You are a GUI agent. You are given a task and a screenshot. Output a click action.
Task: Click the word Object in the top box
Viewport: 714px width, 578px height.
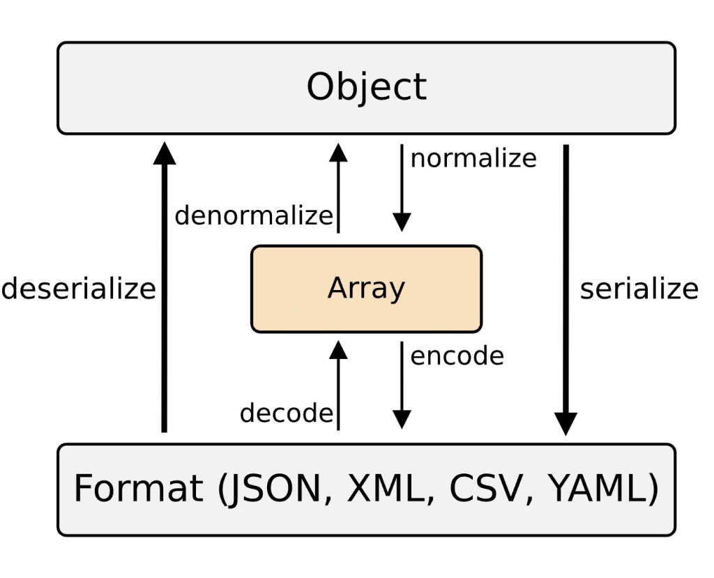(366, 88)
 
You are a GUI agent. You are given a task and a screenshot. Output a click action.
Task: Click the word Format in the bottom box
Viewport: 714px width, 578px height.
(138, 489)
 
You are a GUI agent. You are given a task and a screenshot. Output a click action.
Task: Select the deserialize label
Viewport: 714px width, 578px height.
(78, 288)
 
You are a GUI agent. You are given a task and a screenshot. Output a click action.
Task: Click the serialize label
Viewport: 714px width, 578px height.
(639, 288)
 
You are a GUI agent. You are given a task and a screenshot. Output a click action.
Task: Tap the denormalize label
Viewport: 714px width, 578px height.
(254, 215)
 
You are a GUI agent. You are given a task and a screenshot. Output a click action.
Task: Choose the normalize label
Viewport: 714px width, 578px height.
(473, 158)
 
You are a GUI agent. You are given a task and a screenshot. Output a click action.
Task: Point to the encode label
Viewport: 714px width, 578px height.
(457, 356)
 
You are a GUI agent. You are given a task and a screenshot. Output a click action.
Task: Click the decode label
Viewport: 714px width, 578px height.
(286, 413)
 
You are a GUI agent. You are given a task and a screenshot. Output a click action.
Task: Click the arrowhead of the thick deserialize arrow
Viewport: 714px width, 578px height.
(165, 153)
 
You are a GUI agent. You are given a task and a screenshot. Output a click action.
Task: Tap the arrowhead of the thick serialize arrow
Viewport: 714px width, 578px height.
(565, 424)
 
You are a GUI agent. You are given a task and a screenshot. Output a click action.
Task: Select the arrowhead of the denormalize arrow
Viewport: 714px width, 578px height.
(338, 153)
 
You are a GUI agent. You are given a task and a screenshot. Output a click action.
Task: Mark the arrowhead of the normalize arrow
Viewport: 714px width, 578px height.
(402, 222)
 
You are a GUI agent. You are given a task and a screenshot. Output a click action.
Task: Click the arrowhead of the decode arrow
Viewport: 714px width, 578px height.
(338, 349)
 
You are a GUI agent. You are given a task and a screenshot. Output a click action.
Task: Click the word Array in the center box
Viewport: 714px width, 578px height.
(366, 288)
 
